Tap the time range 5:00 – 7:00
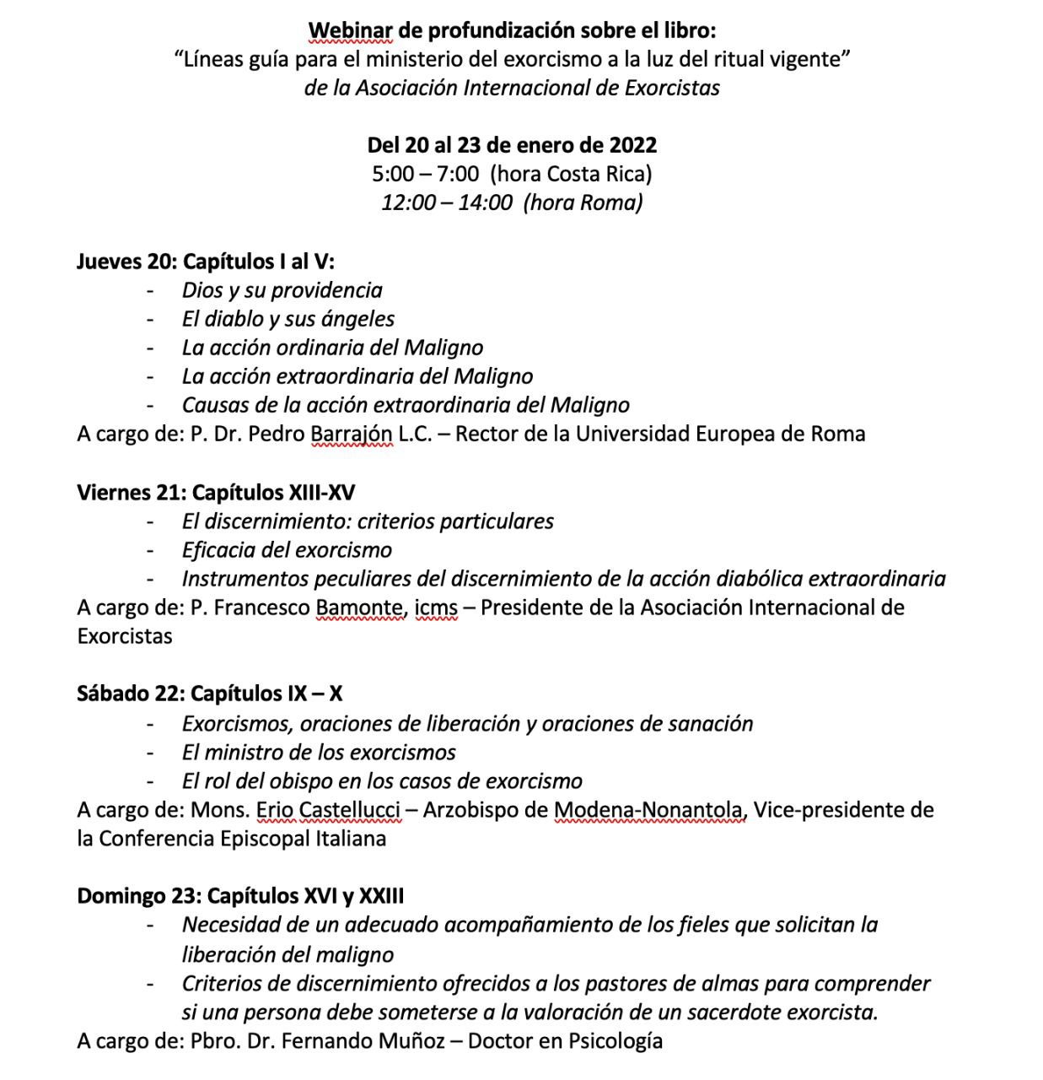click(x=425, y=174)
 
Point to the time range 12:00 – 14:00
click(x=446, y=202)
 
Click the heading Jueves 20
click(x=124, y=261)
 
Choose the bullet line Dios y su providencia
click(x=282, y=290)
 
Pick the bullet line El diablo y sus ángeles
click(x=288, y=319)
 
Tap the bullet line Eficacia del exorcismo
click(x=287, y=550)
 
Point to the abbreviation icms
click(x=436, y=607)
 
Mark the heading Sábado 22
click(x=129, y=694)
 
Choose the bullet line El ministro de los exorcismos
click(x=319, y=753)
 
